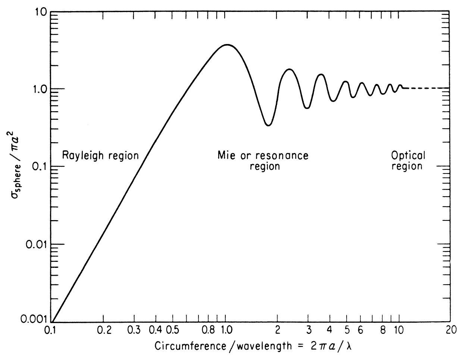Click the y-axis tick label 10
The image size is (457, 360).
point(40,12)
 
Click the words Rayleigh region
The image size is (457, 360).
point(100,155)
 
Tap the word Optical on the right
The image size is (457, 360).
point(408,155)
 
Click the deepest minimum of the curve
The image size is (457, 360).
point(268,125)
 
